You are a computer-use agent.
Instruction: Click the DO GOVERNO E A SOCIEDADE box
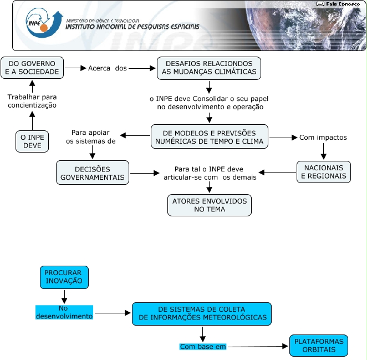coord(32,68)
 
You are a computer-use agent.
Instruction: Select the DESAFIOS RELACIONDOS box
coord(209,68)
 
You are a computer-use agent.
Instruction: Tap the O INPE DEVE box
coord(32,141)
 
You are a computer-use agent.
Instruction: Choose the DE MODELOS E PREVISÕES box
coord(209,137)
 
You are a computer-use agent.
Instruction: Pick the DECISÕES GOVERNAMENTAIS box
coord(93,173)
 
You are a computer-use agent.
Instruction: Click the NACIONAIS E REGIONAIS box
coord(323,172)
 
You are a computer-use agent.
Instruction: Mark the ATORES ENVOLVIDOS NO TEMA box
coord(209,205)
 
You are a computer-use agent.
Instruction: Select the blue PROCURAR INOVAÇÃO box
coord(64,277)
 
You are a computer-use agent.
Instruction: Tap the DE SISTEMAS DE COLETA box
coord(202,313)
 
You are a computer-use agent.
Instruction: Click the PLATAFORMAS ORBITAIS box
coord(319,346)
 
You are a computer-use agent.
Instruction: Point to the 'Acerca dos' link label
coord(108,68)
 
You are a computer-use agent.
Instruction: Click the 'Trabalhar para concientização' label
coord(32,101)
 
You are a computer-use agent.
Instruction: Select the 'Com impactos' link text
coord(323,137)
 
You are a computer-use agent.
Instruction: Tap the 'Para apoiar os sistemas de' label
coord(90,137)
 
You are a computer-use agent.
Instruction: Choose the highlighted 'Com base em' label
coord(203,347)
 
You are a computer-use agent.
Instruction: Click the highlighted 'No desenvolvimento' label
coord(64,312)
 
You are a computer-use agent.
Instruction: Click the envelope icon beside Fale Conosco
coord(320,4)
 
